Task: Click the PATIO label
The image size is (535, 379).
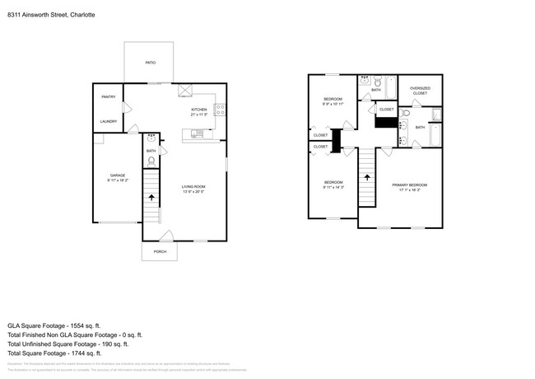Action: coord(150,63)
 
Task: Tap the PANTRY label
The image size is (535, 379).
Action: coord(109,97)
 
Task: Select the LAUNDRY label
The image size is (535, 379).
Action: coord(109,122)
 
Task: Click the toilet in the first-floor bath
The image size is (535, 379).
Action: coord(151,161)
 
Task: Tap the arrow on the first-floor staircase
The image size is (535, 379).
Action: coord(151,198)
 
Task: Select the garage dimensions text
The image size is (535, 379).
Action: coord(118,180)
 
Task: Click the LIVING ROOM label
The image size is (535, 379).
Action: coord(193,187)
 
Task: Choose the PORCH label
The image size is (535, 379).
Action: coord(160,251)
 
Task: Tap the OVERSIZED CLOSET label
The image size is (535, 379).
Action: coord(420,91)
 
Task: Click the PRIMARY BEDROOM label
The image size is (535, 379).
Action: coord(409,185)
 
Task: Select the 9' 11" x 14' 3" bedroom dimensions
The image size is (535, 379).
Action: coord(333,187)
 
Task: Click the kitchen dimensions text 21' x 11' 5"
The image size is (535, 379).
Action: coord(200,115)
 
